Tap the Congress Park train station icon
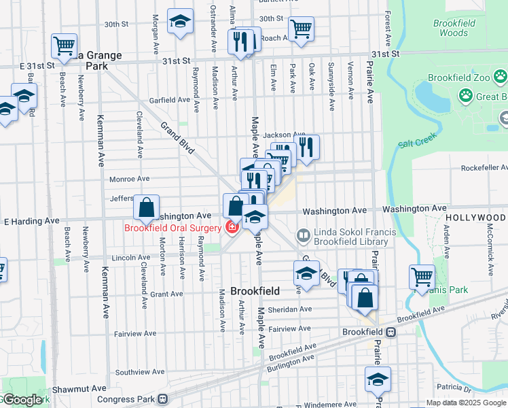pyautogui.click(x=162, y=399)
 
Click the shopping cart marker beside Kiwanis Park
pyautogui.click(x=422, y=276)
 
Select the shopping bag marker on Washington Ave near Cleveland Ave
pyautogui.click(x=146, y=207)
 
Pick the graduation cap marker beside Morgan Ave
pyautogui.click(x=180, y=21)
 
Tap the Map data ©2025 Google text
pyautogui.click(x=465, y=403)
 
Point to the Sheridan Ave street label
pyautogui.click(x=291, y=309)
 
